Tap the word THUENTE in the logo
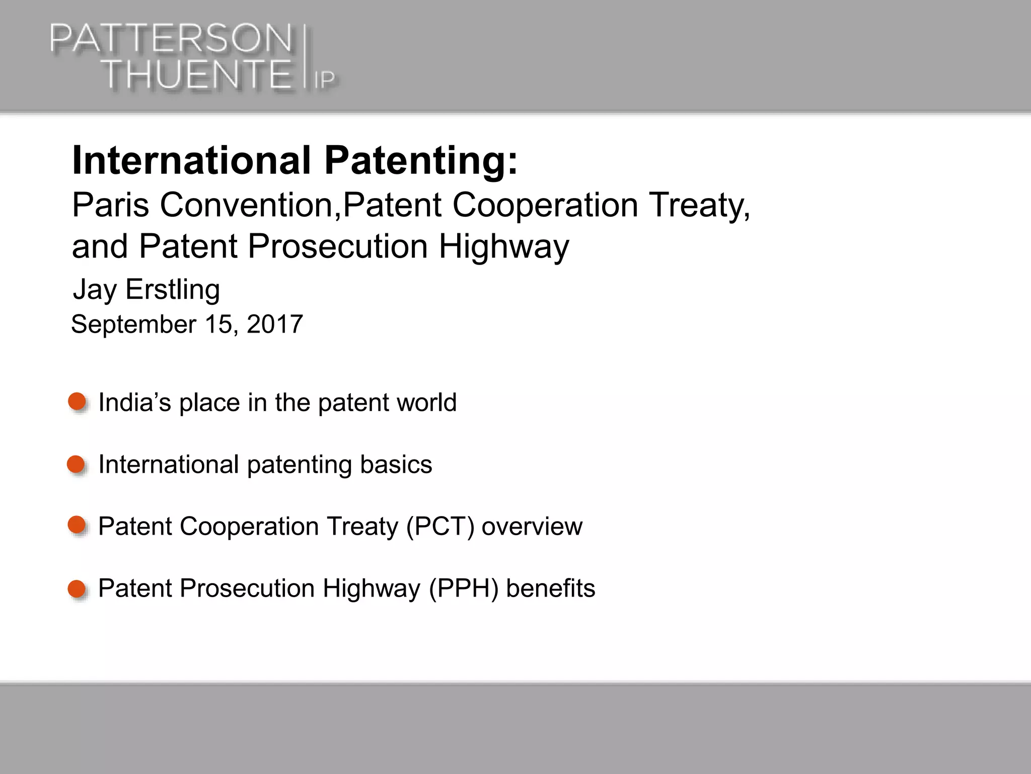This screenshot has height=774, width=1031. coord(197,75)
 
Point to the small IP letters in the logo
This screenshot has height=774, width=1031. coord(325,80)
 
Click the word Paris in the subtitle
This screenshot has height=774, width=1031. coord(110,205)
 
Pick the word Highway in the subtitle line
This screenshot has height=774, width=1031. coord(504,247)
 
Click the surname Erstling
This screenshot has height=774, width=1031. coord(173,289)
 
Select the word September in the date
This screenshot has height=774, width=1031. coord(133,324)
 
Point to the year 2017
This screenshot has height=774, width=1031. coord(275,324)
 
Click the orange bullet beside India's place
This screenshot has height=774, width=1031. coord(77,402)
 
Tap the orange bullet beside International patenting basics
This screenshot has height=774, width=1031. coord(76,464)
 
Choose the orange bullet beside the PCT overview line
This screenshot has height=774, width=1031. coord(77,525)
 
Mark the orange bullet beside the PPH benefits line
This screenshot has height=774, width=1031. coord(77,588)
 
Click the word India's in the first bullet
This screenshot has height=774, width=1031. coord(134,403)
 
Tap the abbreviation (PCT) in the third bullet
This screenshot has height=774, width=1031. coord(440,527)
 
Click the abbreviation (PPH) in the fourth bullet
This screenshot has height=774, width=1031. coord(463,589)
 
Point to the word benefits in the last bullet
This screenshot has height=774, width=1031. coord(550,588)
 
